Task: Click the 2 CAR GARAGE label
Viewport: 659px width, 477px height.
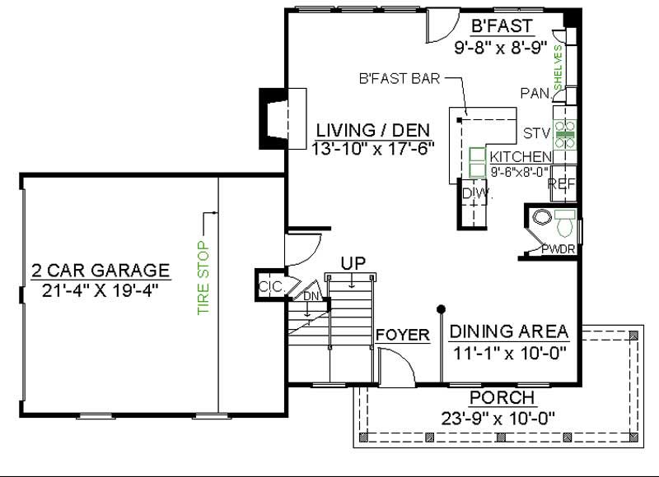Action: pos(100,271)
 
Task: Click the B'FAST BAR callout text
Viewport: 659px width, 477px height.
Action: pos(399,80)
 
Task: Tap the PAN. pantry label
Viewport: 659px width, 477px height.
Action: pos(535,93)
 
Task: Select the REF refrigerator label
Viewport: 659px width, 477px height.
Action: pos(562,184)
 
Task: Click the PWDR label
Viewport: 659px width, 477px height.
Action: pos(558,249)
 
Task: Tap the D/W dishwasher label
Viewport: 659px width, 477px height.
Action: pos(475,193)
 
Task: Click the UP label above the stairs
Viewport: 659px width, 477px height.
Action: pos(353,262)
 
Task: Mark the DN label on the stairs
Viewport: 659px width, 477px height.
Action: pos(311,296)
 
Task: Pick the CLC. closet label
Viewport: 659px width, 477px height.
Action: pos(271,286)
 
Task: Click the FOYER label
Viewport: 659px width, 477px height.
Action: pos(403,335)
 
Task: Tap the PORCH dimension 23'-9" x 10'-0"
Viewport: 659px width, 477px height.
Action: pos(492,416)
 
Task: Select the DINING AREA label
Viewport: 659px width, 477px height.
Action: pos(508,331)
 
